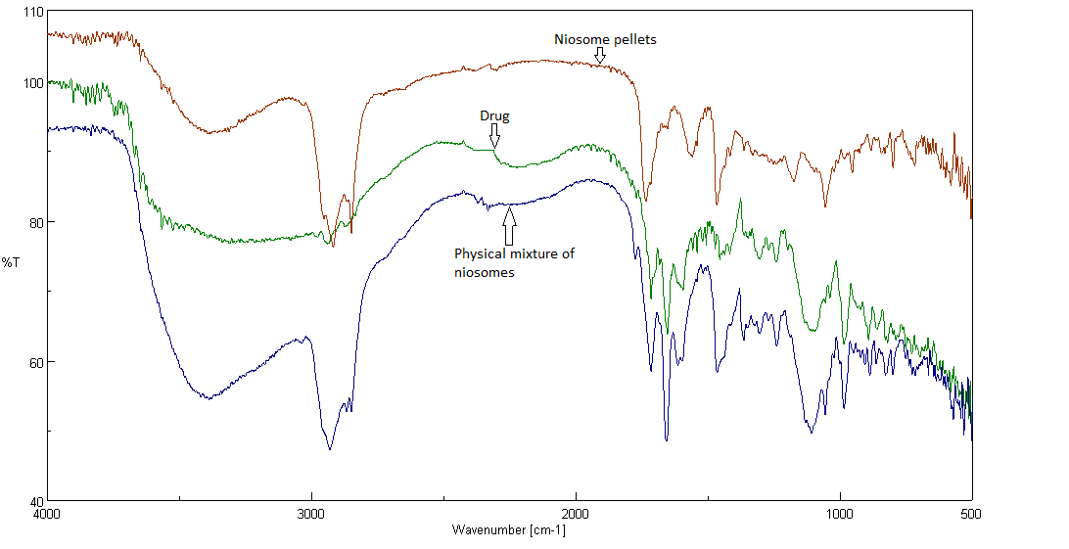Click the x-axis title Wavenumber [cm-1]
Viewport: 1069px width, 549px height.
(508, 530)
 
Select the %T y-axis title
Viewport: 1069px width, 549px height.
(11, 262)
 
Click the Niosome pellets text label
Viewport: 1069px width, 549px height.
(605, 40)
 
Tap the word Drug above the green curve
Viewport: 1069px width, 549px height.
(494, 115)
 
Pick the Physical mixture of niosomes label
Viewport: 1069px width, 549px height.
(514, 263)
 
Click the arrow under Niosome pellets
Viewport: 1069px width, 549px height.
(600, 58)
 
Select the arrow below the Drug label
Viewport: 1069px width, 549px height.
(494, 135)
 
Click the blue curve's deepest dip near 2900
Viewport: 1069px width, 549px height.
(330, 449)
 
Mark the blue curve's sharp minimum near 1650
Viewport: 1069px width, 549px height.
(667, 440)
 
